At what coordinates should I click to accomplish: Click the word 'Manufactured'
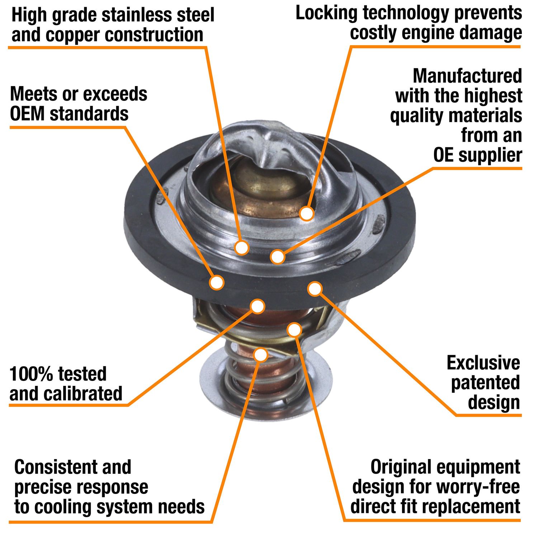click(467, 76)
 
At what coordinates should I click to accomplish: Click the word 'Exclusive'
click(483, 363)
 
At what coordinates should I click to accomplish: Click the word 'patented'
click(485, 383)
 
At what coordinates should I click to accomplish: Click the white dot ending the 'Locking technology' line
click(307, 213)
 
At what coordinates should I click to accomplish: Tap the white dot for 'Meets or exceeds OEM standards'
click(217, 282)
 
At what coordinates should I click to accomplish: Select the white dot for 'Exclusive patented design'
click(315, 289)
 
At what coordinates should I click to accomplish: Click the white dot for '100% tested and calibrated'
click(258, 306)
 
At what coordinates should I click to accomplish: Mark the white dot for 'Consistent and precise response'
click(261, 355)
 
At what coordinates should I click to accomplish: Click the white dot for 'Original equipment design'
click(294, 330)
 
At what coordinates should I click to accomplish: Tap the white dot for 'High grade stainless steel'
click(242, 247)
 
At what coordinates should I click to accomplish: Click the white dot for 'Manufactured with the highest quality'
click(278, 257)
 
